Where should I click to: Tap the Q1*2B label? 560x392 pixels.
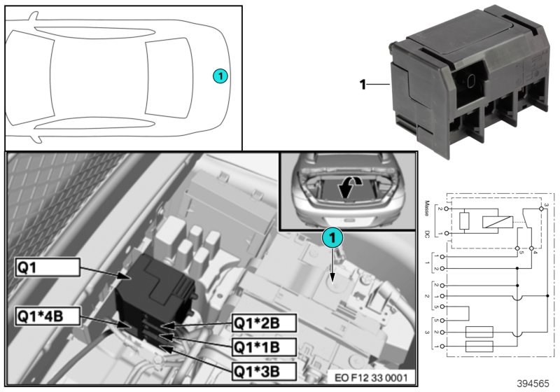click(x=264, y=323)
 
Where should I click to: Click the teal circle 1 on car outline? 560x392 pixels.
click(x=220, y=75)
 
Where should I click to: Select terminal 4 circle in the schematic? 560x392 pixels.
click(x=533, y=248)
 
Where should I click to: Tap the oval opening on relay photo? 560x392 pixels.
click(x=472, y=81)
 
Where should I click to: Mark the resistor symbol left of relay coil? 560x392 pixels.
click(x=463, y=222)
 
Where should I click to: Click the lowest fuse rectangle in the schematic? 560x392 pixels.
click(x=479, y=346)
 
